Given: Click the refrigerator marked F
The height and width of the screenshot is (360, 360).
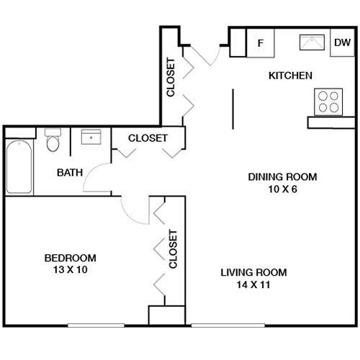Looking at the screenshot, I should (261, 42).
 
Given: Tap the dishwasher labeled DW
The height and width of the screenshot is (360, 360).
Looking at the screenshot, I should (341, 42).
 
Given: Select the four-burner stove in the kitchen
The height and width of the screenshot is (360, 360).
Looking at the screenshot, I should (328, 102).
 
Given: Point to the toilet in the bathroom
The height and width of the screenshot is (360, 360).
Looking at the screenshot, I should (53, 141).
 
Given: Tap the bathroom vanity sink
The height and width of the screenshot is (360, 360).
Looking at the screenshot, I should (91, 138).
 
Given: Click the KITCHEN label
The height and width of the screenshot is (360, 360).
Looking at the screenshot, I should (290, 76).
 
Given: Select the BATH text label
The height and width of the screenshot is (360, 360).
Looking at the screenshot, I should (70, 172).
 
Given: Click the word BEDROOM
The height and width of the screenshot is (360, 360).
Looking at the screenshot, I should (70, 258).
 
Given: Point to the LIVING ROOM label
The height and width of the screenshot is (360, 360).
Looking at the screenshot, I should (253, 272).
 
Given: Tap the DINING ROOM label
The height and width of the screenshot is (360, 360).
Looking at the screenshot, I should (282, 176).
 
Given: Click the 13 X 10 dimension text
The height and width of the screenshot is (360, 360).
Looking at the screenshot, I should (70, 270).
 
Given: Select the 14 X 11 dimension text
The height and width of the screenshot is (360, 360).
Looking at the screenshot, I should (253, 284).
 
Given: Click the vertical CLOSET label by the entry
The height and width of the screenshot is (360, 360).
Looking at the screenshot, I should (171, 77).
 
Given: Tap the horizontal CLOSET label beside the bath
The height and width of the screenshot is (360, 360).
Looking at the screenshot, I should (148, 138).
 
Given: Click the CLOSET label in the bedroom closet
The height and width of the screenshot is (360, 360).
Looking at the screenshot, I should (173, 249).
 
